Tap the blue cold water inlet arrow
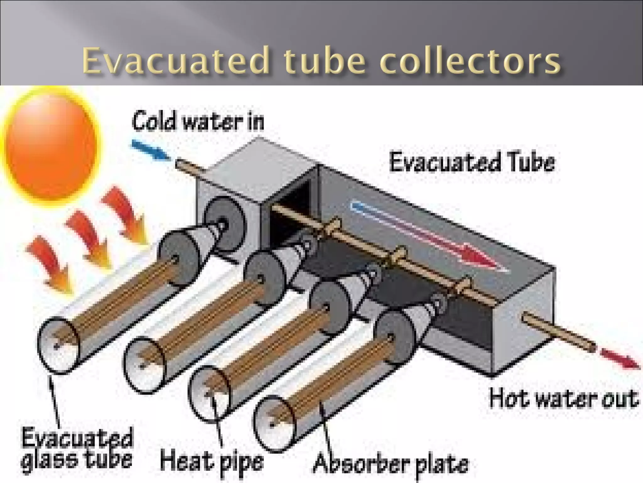[x=150, y=150]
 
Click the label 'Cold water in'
[x=198, y=121]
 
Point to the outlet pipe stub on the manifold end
[x=559, y=333]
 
